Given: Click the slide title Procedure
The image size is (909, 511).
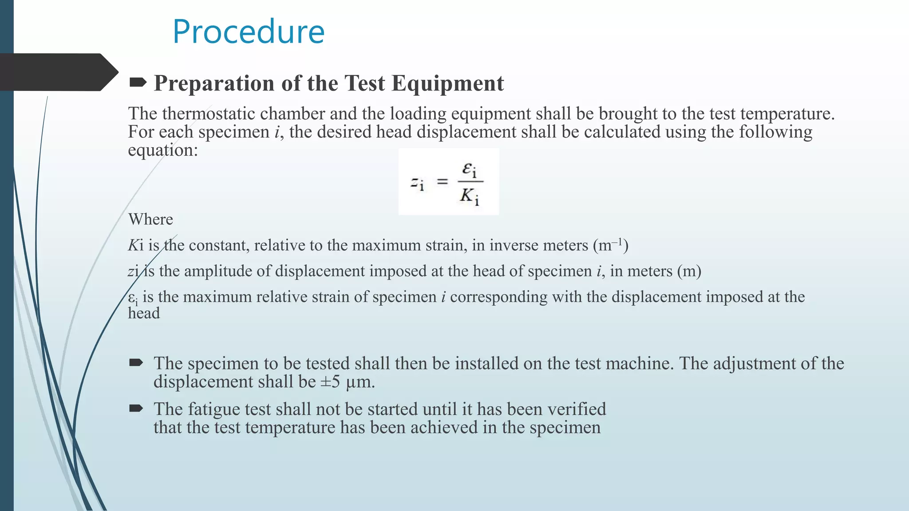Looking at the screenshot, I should [x=249, y=32].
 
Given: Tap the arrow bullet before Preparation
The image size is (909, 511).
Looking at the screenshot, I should [x=138, y=82].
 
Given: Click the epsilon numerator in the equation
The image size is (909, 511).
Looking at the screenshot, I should [x=469, y=169].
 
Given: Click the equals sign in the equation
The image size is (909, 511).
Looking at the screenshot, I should [x=443, y=181].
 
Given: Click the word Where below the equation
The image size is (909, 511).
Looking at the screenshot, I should [x=150, y=220].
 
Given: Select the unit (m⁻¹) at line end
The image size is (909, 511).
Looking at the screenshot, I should [x=611, y=245].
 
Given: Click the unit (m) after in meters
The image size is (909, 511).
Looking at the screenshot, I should [x=689, y=271].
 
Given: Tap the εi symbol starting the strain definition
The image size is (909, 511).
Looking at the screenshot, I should [x=133, y=298].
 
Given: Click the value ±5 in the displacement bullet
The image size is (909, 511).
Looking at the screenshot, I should [x=330, y=382].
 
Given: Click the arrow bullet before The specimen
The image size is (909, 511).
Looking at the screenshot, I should [x=136, y=363].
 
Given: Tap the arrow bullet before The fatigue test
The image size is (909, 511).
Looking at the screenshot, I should [x=136, y=408].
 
